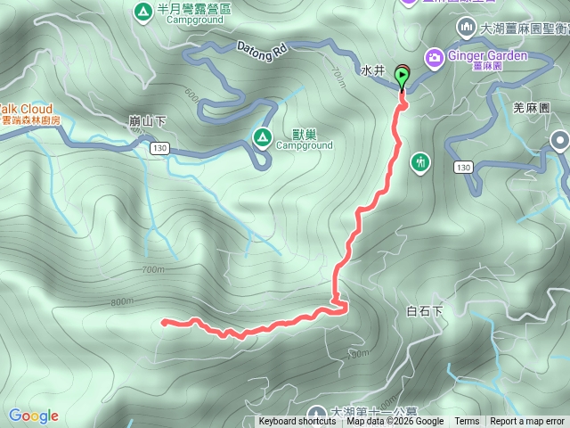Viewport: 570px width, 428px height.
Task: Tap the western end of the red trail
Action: pyautogui.click(x=164, y=322)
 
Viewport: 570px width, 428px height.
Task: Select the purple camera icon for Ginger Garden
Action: pyautogui.click(x=434, y=56)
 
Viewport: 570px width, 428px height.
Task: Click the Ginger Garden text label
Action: pyautogui.click(x=487, y=55)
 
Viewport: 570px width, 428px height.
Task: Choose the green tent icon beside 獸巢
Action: pyautogui.click(x=262, y=136)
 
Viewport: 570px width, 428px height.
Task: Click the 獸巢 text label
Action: pyautogui.click(x=305, y=134)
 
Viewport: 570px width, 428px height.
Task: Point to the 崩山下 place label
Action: pyautogui.click(x=148, y=120)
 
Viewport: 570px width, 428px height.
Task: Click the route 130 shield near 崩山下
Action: pyautogui.click(x=159, y=147)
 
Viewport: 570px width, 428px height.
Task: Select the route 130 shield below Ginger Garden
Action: pyautogui.click(x=462, y=167)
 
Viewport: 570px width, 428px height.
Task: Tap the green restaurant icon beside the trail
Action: pyautogui.click(x=420, y=162)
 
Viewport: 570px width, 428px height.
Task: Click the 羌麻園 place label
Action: pyautogui.click(x=533, y=106)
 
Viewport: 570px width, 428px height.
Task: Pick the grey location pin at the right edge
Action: pyautogui.click(x=559, y=141)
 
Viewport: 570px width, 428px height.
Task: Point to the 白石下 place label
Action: pyautogui.click(x=424, y=311)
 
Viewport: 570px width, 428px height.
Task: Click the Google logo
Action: pyautogui.click(x=33, y=416)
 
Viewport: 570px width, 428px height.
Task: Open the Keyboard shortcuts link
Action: pyautogui.click(x=297, y=422)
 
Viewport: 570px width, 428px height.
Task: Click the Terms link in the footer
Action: pyautogui.click(x=467, y=422)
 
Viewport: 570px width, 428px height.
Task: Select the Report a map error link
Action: pyautogui.click(x=527, y=422)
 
